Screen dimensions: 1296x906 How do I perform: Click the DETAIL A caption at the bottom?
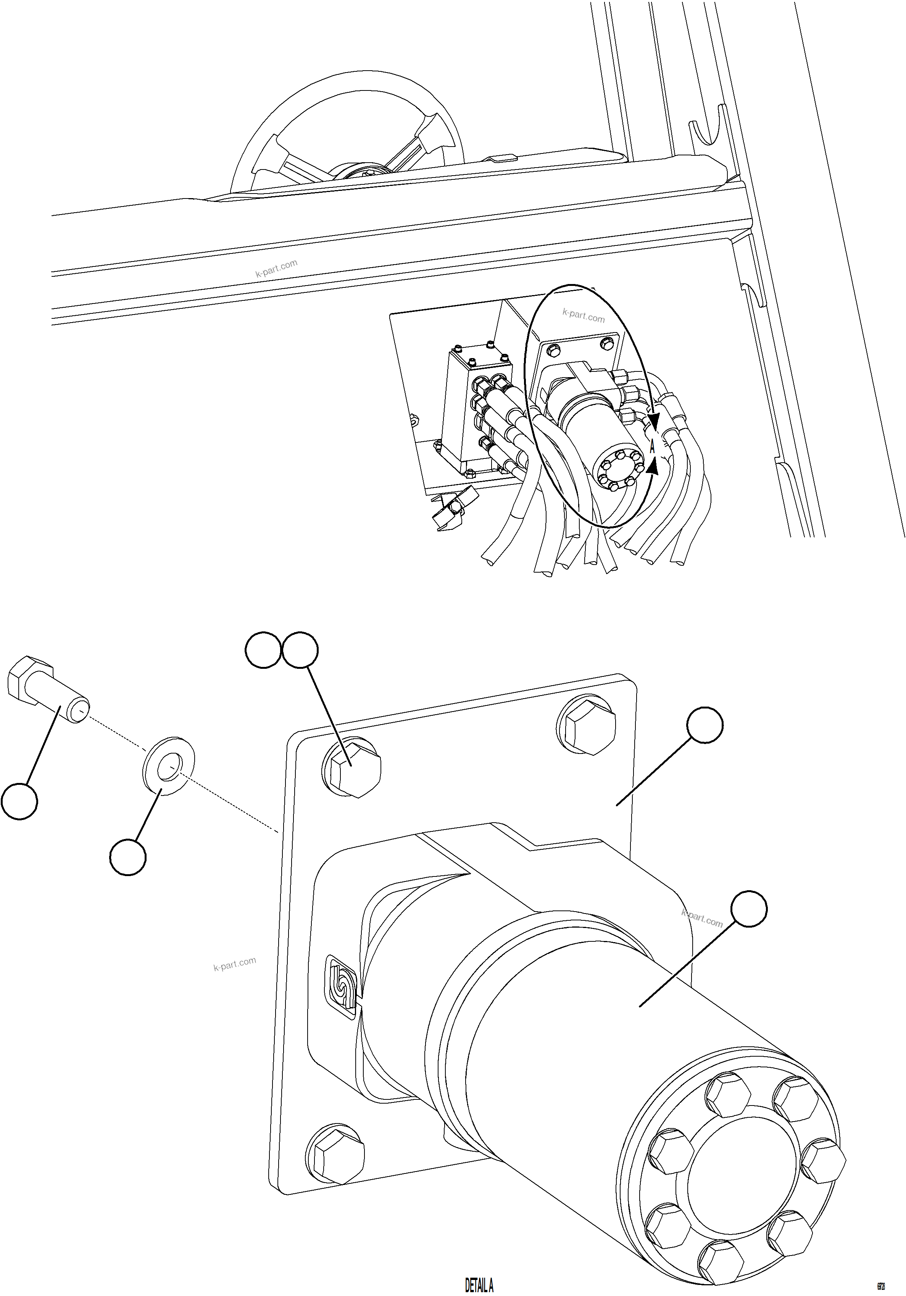coord(479,1285)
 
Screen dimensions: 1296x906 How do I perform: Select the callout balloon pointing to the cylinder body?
coord(749,909)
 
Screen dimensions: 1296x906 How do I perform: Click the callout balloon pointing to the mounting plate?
coord(704,725)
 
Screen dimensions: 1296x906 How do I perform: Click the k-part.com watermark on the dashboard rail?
coord(276,269)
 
